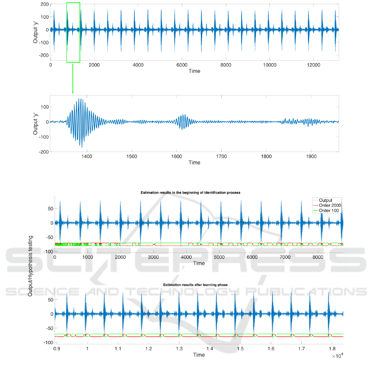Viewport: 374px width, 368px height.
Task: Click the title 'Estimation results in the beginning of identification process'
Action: tap(199, 193)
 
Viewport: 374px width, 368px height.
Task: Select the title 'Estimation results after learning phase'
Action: tap(199, 285)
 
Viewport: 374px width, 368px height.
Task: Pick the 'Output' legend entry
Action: tap(328, 201)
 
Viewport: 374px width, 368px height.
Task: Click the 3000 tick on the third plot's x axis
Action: tap(153, 258)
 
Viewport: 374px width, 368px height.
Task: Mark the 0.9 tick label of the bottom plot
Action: tap(57, 349)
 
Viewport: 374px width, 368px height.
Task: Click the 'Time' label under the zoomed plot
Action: tap(194, 163)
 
